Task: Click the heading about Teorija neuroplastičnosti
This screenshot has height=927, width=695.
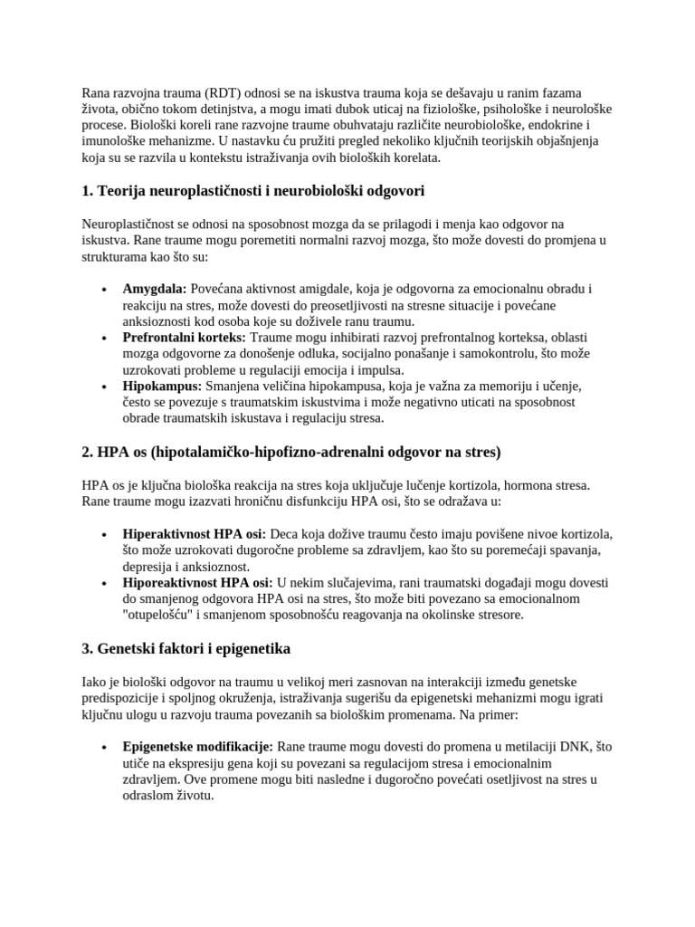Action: pyautogui.click(x=253, y=191)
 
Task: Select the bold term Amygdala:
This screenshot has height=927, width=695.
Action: pyautogui.click(x=155, y=289)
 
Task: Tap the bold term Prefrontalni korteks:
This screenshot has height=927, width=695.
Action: pyautogui.click(x=184, y=338)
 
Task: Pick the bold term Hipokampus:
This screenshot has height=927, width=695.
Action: pyautogui.click(x=162, y=387)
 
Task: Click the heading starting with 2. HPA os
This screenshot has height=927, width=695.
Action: pyautogui.click(x=290, y=451)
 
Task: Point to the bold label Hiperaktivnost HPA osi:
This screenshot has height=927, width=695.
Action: pyautogui.click(x=194, y=533)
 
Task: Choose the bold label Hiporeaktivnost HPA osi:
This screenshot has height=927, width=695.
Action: pyautogui.click(x=197, y=582)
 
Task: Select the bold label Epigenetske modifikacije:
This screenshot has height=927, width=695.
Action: pyautogui.click(x=197, y=747)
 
